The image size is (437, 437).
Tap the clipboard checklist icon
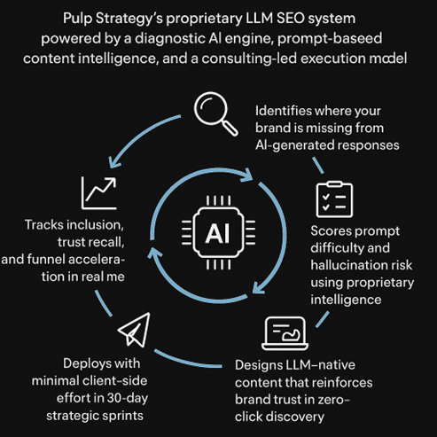point(335,199)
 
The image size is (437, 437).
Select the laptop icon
point(286,333)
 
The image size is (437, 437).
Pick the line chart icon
point(98,191)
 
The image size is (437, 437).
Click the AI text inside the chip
point(217,232)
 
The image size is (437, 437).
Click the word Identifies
point(287,113)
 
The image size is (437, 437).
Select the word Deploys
point(89,363)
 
